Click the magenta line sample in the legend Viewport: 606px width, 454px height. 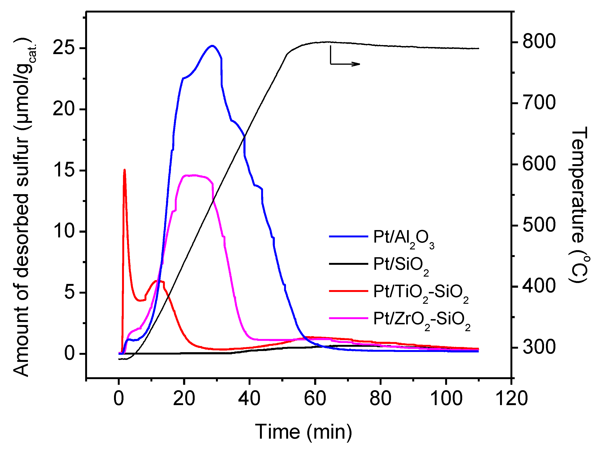[348, 318]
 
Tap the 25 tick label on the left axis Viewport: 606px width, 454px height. [64, 48]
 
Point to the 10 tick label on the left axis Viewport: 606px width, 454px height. [64, 231]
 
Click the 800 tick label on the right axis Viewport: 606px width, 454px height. [539, 42]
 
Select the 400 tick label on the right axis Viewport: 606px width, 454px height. [539, 287]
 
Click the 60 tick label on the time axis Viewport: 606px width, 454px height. [315, 399]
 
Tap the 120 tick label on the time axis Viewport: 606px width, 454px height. [511, 399]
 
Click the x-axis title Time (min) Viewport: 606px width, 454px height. [303, 432]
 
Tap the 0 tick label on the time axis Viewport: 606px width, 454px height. [119, 399]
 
